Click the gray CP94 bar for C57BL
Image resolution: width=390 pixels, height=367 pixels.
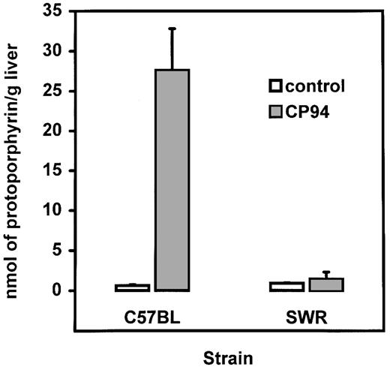[x=172, y=180]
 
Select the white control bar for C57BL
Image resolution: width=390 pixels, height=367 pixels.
[x=132, y=287]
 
